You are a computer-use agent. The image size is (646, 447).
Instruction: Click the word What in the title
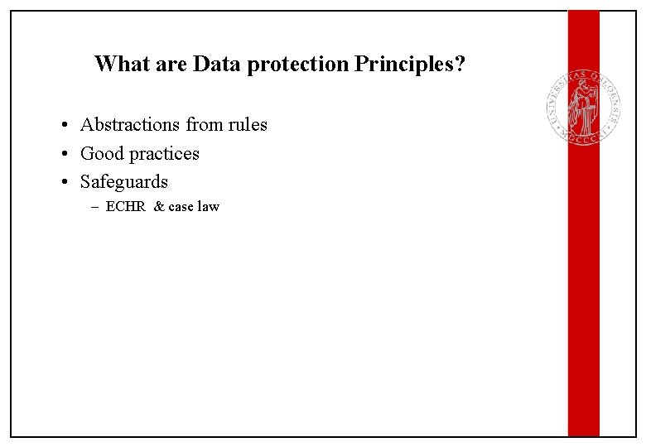click(x=121, y=64)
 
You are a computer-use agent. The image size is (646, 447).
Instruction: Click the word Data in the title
click(x=215, y=64)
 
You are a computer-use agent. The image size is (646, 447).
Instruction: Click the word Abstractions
click(x=130, y=125)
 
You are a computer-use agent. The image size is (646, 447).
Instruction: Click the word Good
click(x=100, y=153)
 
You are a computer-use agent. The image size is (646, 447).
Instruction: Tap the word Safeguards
click(x=124, y=181)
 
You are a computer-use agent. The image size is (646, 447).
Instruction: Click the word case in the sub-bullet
click(x=181, y=207)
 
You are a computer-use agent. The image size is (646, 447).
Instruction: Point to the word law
click(x=209, y=207)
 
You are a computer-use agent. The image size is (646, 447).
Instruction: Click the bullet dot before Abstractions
click(x=63, y=126)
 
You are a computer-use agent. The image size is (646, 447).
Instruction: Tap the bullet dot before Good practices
click(x=63, y=154)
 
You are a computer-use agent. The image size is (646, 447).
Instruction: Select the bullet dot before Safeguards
click(x=63, y=182)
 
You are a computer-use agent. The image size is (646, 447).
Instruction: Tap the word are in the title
click(x=169, y=65)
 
